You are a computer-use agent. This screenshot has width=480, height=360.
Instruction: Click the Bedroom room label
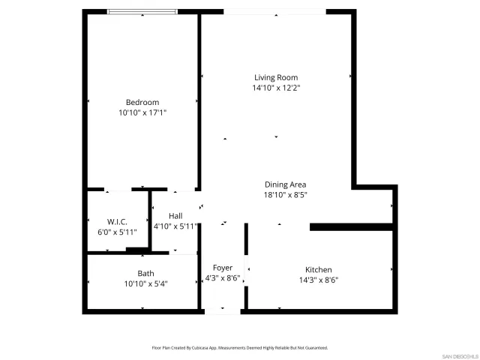pyautogui.click(x=142, y=102)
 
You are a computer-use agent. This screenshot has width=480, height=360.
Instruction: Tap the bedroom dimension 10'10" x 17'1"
pyautogui.click(x=142, y=112)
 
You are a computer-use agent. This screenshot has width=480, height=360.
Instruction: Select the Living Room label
pyautogui.click(x=276, y=77)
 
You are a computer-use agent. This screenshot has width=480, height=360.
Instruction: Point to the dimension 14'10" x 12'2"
pyautogui.click(x=276, y=88)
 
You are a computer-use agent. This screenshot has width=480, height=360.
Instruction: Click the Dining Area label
pyautogui.click(x=285, y=184)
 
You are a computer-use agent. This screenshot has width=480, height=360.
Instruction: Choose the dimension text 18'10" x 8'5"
pyautogui.click(x=285, y=195)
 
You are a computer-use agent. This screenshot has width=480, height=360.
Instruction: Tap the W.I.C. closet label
pyautogui.click(x=117, y=221)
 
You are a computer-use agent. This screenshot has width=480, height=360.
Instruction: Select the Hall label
pyautogui.click(x=175, y=215)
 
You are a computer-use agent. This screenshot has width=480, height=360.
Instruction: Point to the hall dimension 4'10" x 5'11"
pyautogui.click(x=175, y=226)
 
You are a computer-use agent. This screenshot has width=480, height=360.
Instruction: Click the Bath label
pyautogui.click(x=145, y=273)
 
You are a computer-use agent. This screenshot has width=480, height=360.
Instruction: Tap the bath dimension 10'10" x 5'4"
pyautogui.click(x=145, y=283)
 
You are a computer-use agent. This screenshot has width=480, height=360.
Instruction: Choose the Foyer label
pyautogui.click(x=223, y=268)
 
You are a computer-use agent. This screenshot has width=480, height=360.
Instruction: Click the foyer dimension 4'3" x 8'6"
pyautogui.click(x=223, y=278)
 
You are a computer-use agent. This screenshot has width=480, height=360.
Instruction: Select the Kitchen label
pyautogui.click(x=318, y=270)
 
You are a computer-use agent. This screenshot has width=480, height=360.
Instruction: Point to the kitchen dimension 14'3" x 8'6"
pyautogui.click(x=318, y=280)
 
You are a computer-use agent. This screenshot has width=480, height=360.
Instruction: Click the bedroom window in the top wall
pyautogui.click(x=142, y=12)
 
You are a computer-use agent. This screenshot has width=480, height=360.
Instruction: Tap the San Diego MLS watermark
pyautogui.click(x=458, y=355)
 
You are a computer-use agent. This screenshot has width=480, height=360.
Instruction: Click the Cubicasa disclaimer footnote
pyautogui.click(x=240, y=348)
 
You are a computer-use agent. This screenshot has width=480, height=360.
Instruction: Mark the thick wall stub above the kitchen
pyautogui.click(x=351, y=226)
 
